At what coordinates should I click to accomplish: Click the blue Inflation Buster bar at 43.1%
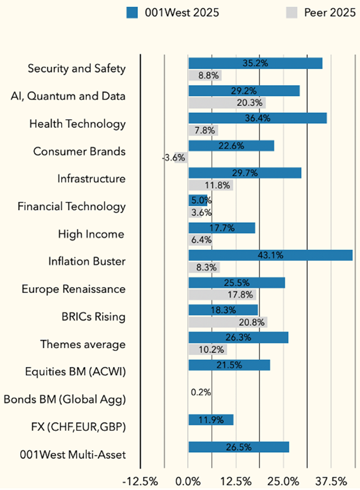click(x=270, y=255)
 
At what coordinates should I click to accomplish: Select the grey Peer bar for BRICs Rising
click(x=227, y=322)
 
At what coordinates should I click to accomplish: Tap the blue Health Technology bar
click(x=258, y=118)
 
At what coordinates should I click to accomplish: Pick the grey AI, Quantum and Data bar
click(x=227, y=103)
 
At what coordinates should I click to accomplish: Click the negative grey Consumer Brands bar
click(x=182, y=157)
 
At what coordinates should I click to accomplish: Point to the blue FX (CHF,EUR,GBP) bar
click(x=211, y=420)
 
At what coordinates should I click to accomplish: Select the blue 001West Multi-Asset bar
click(x=238, y=447)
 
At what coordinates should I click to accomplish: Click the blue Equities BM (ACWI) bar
click(x=229, y=365)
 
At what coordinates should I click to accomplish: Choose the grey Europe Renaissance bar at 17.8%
click(x=222, y=295)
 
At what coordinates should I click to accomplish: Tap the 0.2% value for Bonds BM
click(x=201, y=392)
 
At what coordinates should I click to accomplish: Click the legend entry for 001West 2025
click(x=173, y=12)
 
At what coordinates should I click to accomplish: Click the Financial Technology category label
click(x=72, y=206)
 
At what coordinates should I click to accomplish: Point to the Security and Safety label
click(x=77, y=68)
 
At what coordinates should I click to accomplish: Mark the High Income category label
click(x=91, y=234)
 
